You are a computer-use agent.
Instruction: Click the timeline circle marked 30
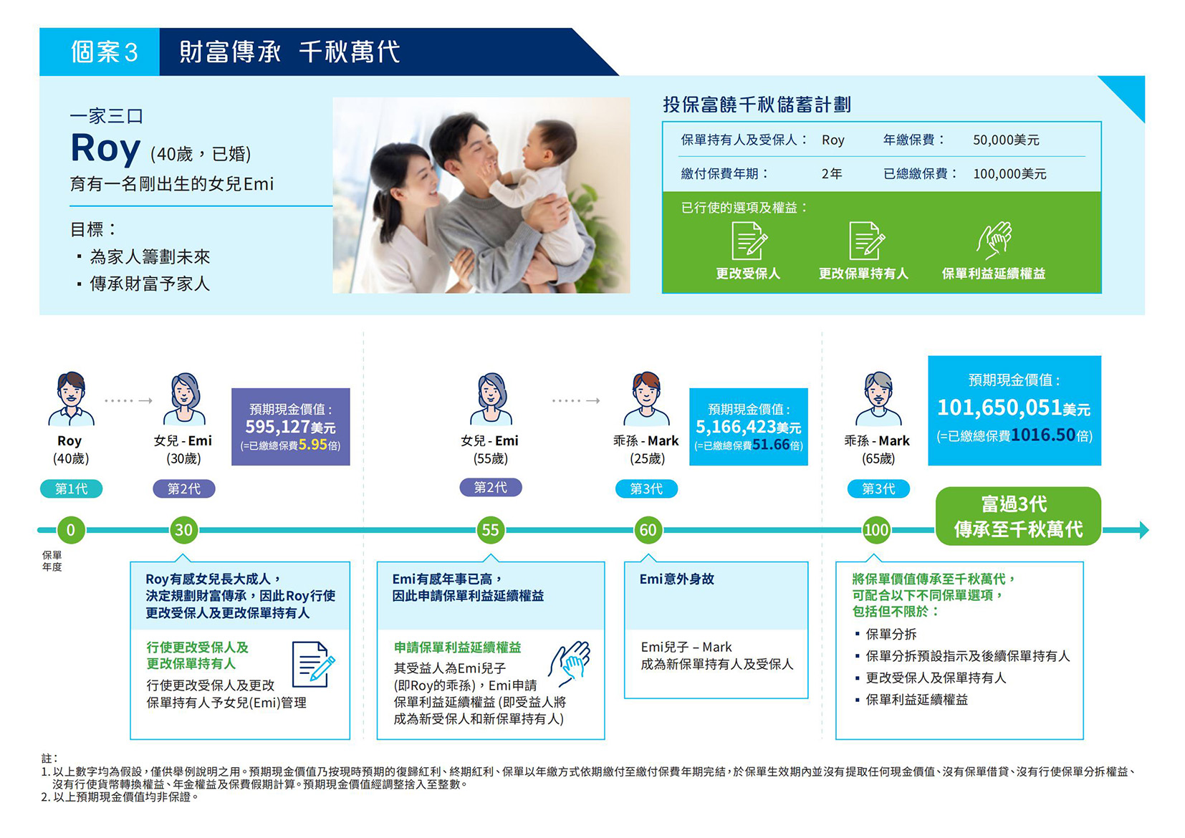point(183,530)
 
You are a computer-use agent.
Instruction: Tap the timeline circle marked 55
point(490,530)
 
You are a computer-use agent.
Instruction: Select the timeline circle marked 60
point(648,530)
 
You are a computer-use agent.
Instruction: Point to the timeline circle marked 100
point(876,530)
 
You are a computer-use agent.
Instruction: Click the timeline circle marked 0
point(71,530)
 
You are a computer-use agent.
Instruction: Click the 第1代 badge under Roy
point(72,488)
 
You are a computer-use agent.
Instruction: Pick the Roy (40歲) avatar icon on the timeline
point(71,399)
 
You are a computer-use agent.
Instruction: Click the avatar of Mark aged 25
point(646,399)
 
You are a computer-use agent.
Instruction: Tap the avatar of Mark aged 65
point(878,399)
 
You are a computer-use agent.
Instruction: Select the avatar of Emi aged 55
point(490,399)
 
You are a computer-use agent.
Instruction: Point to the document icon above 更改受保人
point(749,241)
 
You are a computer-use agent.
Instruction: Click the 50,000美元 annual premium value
point(1006,140)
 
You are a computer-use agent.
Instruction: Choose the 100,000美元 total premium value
point(1009,174)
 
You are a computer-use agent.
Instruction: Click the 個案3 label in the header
point(104,52)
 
